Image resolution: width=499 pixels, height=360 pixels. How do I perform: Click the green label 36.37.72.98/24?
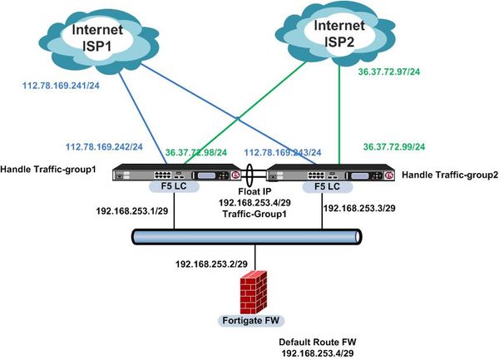201,153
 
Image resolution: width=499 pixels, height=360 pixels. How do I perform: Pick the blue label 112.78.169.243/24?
282,153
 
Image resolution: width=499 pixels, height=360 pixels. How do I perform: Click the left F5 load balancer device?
178,176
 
